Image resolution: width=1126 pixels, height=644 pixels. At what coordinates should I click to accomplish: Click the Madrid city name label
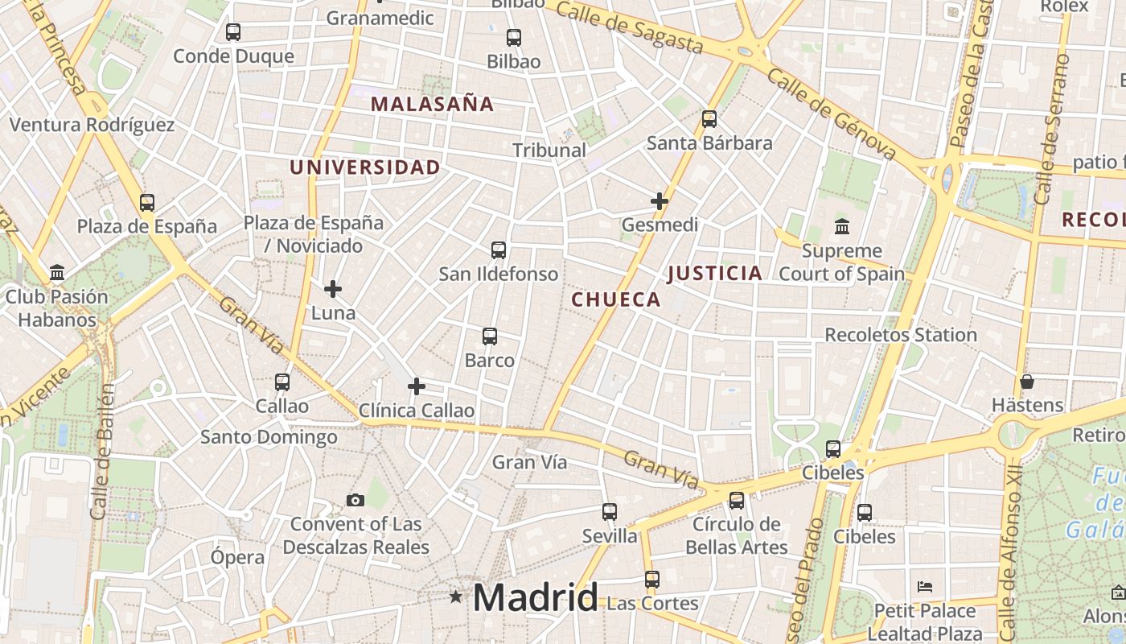coord(536,597)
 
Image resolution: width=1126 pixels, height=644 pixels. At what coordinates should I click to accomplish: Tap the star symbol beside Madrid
coord(456,597)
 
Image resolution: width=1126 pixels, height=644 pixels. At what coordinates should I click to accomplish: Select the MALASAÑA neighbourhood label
coord(432,104)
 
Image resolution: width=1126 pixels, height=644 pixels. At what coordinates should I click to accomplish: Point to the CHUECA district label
coord(616,299)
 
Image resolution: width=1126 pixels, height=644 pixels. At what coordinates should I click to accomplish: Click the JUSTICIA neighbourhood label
coord(715,273)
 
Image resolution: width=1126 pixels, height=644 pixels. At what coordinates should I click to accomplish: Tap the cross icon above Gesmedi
coord(660,201)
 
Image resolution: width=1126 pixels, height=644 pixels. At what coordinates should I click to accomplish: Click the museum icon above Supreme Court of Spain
coord(842,227)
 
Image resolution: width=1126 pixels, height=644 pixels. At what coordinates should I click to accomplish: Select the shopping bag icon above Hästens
coord(1027,382)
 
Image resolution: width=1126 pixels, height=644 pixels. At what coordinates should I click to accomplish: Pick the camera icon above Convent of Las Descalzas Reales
coord(355,501)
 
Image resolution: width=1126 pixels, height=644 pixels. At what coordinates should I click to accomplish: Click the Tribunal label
coord(549,150)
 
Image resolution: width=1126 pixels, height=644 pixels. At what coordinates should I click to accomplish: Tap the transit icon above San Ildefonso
coord(499,250)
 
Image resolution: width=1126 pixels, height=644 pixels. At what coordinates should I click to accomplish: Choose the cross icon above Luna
coord(333,289)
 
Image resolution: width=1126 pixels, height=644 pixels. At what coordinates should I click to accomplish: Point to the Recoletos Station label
coord(901,334)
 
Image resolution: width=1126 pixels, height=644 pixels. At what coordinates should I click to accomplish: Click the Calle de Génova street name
coord(832,114)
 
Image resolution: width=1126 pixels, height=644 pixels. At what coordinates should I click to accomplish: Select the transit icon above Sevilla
coord(610,512)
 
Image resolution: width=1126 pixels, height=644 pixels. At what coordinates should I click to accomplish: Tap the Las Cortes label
coord(652,603)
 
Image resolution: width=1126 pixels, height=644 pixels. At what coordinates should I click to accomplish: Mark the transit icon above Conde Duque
coord(233,32)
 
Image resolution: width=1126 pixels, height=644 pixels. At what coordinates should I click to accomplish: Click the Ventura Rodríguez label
coord(92,125)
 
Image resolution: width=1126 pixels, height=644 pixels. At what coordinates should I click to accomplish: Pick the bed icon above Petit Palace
coord(925,587)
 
